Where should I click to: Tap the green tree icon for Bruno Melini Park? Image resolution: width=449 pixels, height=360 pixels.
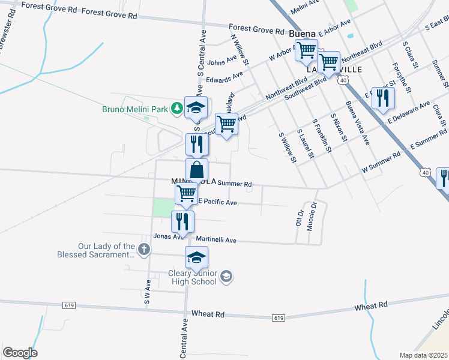[x=176, y=108]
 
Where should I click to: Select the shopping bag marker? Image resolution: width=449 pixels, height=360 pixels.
[x=196, y=170]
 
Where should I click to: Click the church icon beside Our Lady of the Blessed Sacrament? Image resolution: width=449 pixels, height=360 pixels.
[x=143, y=248]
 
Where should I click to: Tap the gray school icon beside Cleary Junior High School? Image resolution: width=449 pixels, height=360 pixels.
[x=226, y=277]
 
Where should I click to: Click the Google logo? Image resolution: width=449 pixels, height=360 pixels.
[x=20, y=353]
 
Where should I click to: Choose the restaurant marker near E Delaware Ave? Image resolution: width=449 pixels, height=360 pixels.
[x=383, y=98]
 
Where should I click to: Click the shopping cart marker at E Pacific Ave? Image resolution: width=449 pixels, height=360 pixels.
[x=186, y=194]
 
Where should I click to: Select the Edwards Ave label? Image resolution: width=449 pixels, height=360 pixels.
[x=224, y=77]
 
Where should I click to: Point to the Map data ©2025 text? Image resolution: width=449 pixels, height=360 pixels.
[x=424, y=355]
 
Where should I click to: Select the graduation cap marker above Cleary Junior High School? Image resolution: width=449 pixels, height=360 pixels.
[x=196, y=258]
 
